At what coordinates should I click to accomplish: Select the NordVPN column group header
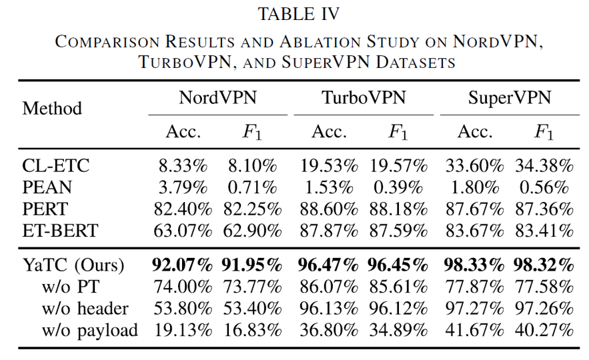(217, 98)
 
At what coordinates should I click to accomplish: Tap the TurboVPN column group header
(363, 98)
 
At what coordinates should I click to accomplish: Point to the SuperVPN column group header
(509, 98)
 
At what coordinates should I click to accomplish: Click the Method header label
(52, 108)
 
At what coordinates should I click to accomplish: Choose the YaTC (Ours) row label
(74, 265)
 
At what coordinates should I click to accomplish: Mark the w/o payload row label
(90, 329)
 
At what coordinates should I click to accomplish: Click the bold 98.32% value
(544, 265)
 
